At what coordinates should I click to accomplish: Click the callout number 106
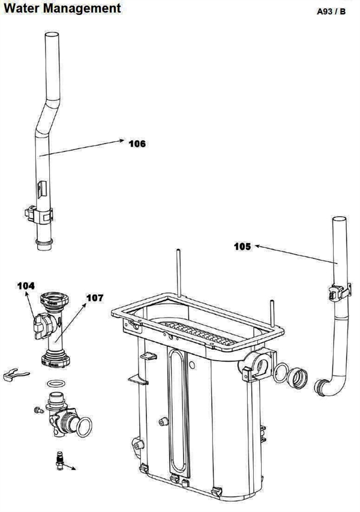click(137, 143)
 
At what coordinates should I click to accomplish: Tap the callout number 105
click(242, 246)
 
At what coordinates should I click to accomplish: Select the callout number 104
click(26, 286)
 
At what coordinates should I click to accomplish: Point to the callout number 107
click(95, 298)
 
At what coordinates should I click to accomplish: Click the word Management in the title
click(83, 8)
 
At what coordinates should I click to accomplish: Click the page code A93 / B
click(331, 11)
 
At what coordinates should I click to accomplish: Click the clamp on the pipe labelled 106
click(39, 214)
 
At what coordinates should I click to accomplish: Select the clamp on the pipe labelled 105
click(340, 292)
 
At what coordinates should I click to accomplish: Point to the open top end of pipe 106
click(52, 34)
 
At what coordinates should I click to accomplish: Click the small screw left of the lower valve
click(39, 411)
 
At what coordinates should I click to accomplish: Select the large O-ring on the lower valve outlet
click(84, 427)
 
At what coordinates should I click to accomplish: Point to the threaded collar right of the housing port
click(298, 378)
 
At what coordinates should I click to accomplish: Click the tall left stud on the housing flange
click(179, 273)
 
